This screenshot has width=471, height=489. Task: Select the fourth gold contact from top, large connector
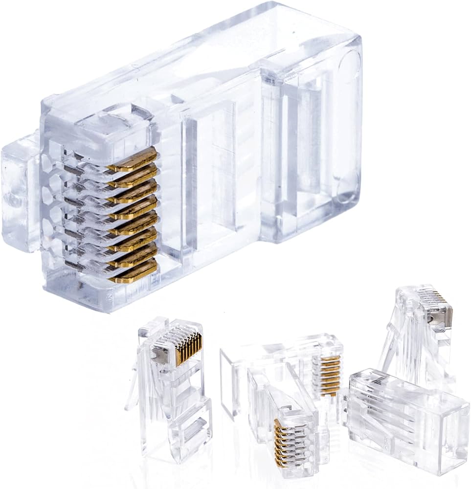click(135, 207)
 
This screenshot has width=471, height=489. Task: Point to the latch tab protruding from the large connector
click(20, 196)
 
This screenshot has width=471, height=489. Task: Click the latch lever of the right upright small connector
click(391, 342)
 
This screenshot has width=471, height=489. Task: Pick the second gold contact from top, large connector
click(135, 175)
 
